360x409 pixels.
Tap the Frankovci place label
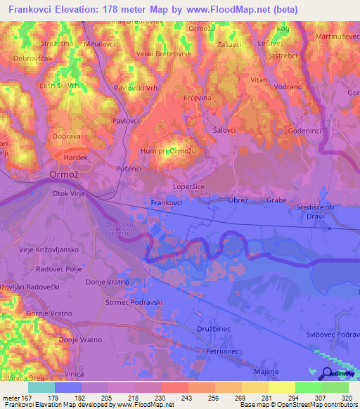point(167,202)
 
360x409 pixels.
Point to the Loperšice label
point(189,188)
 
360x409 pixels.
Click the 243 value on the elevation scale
point(174,398)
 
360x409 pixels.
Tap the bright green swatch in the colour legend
point(309,387)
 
